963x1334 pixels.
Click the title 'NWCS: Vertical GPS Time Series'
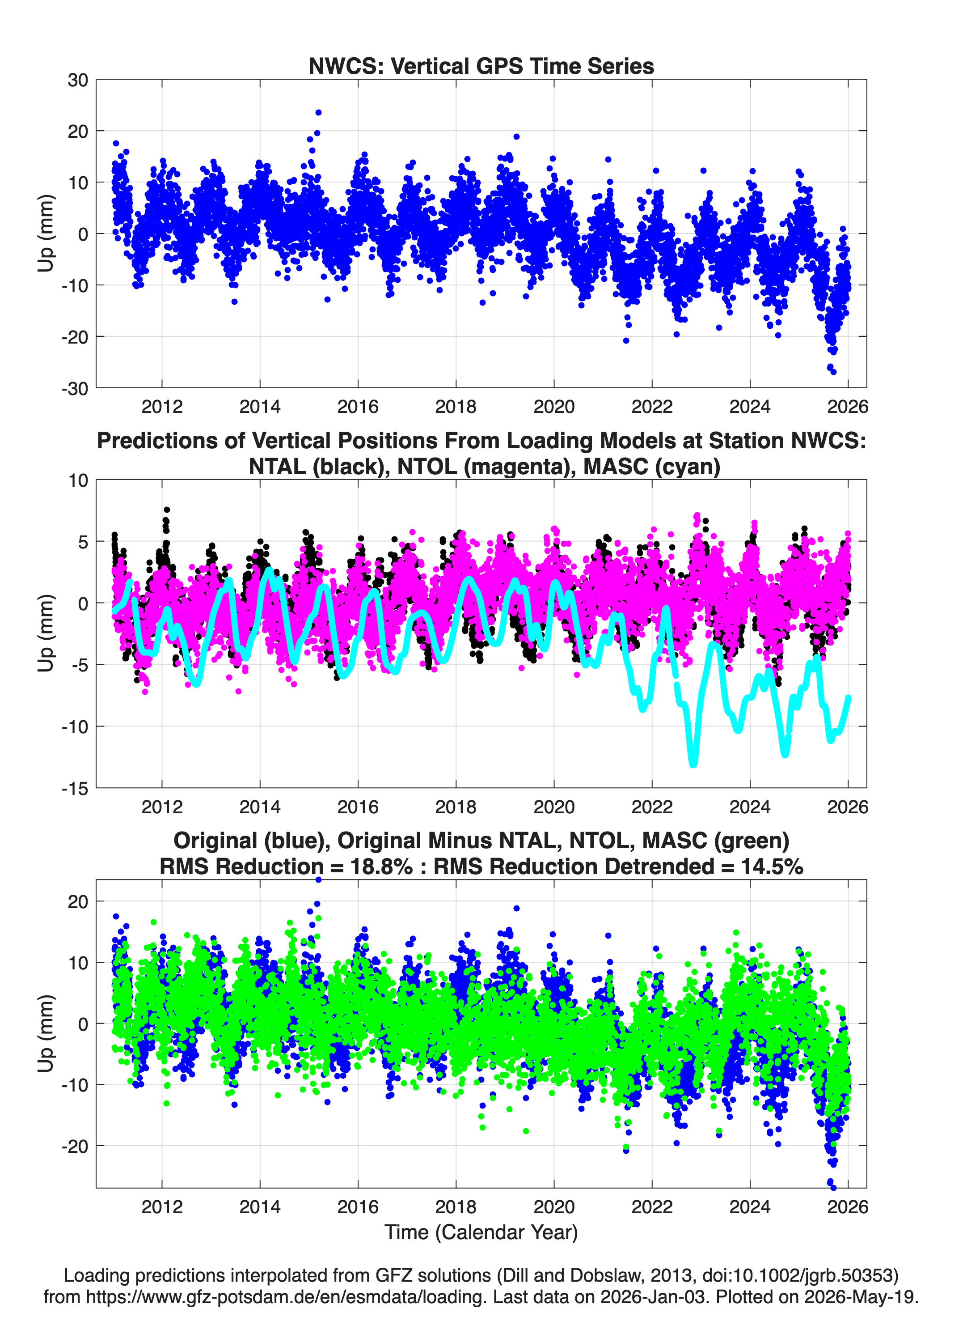(x=481, y=66)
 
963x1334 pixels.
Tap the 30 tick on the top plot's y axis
(x=78, y=80)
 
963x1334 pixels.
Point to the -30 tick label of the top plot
(x=75, y=388)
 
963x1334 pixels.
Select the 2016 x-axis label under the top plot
(x=358, y=407)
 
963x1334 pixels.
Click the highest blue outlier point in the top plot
(x=318, y=112)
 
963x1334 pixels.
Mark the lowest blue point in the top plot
(x=833, y=372)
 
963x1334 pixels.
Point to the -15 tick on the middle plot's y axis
(x=75, y=788)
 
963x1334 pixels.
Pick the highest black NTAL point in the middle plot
(x=167, y=510)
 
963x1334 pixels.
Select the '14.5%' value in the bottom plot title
(x=772, y=867)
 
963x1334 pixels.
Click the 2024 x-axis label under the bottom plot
(x=750, y=1207)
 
